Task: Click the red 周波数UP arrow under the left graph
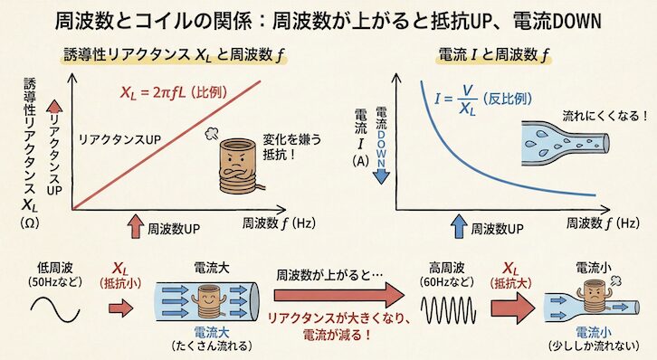click(x=135, y=223)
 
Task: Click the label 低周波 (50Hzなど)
click(x=61, y=273)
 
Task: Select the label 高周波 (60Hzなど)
click(x=443, y=273)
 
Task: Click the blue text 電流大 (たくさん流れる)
click(x=209, y=336)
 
